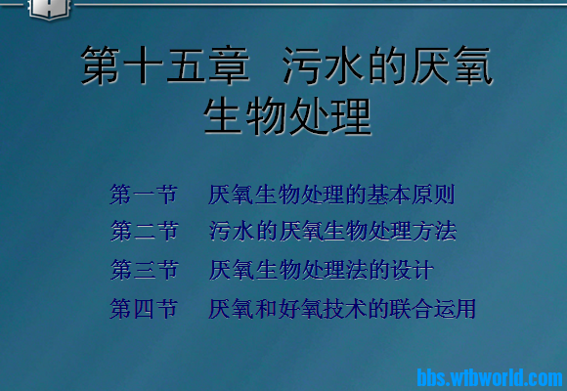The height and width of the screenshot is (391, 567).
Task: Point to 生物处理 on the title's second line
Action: pos(288,116)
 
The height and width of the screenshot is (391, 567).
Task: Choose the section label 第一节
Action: pos(145,195)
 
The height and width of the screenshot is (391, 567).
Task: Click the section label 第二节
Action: pos(145,232)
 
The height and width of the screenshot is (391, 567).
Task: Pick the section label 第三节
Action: pos(145,270)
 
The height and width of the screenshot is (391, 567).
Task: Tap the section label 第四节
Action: pos(145,310)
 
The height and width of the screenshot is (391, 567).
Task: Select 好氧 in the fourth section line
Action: pos(305,310)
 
